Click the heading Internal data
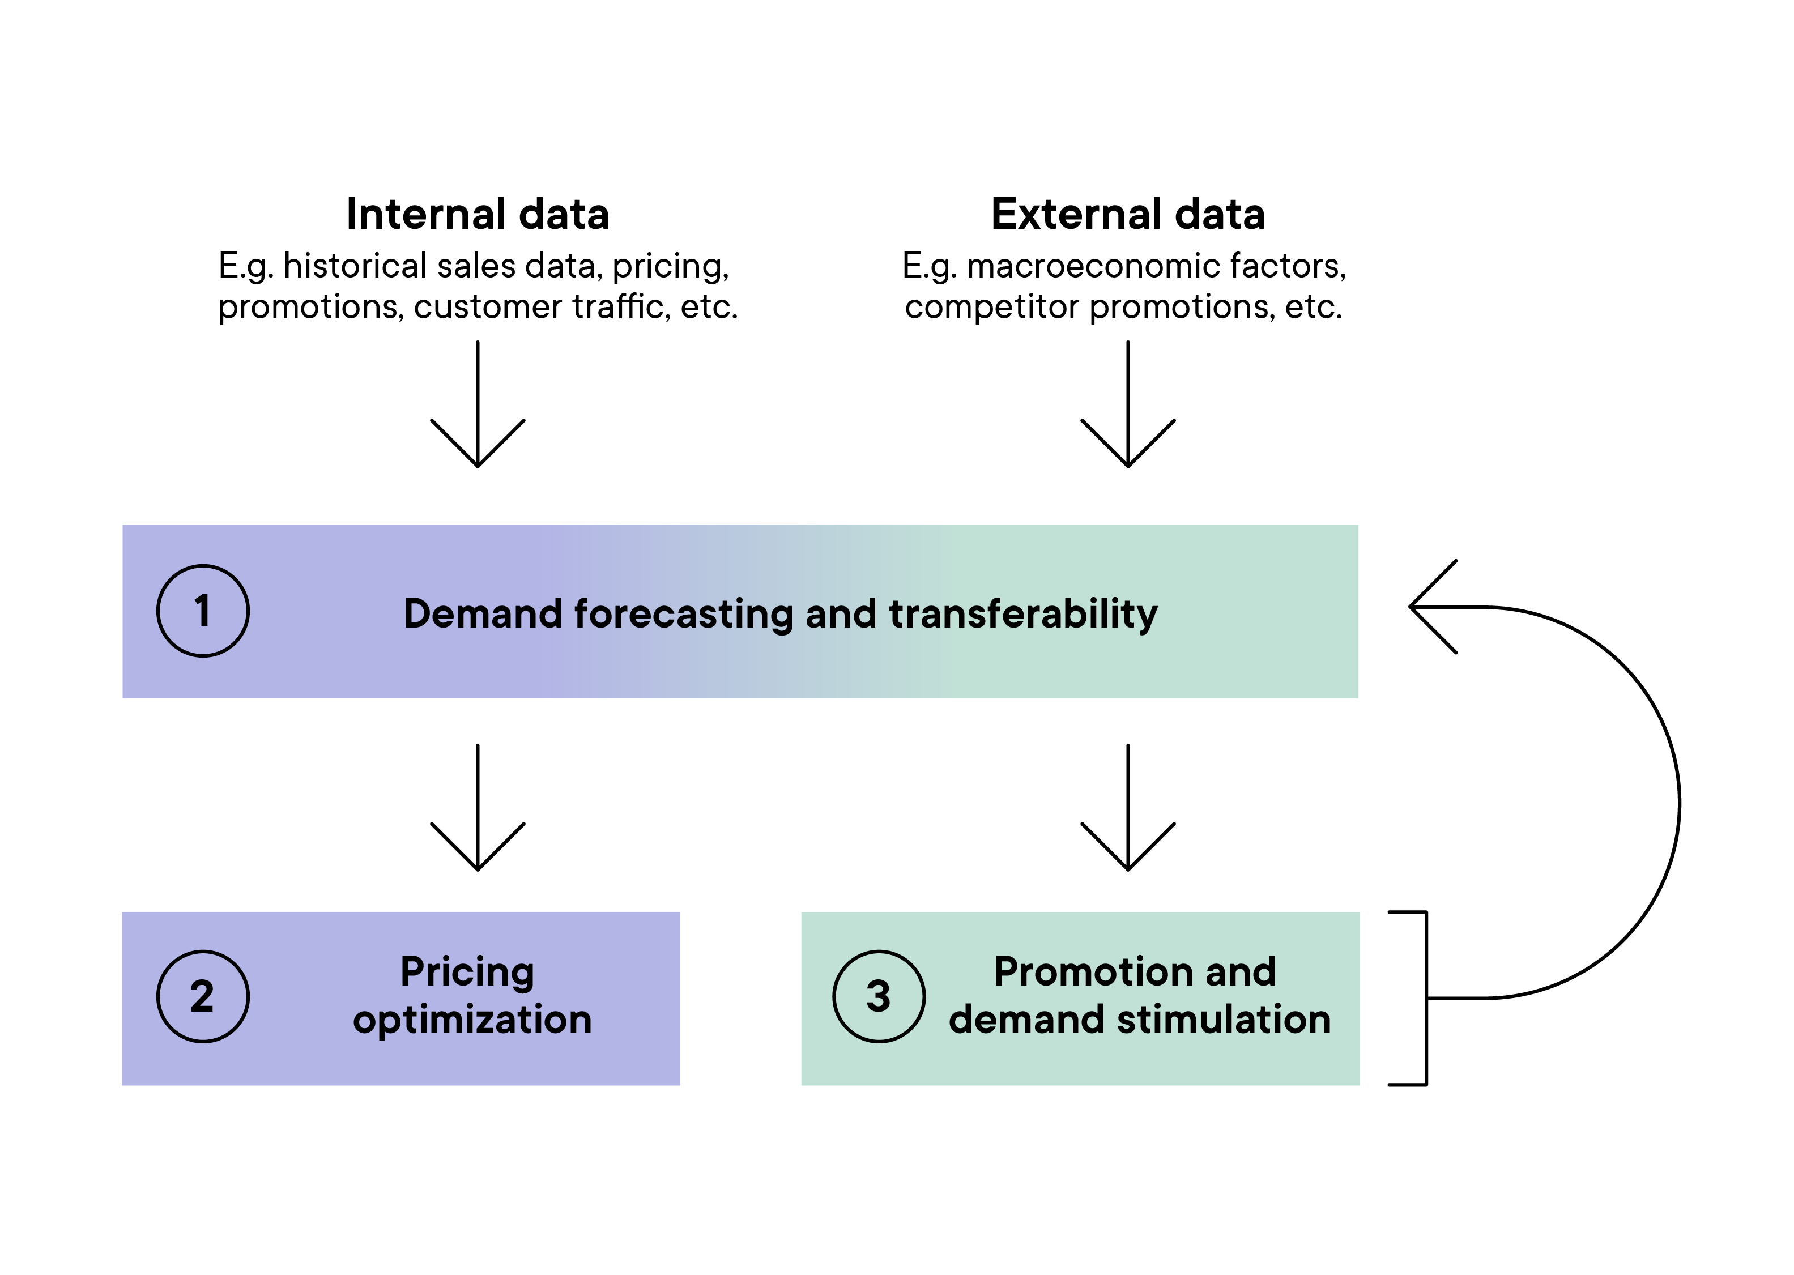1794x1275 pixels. [478, 214]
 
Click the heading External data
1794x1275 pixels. [1128, 214]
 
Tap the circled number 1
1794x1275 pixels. [203, 611]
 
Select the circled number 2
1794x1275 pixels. [203, 996]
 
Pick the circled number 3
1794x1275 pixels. [879, 996]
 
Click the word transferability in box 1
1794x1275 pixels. [1023, 614]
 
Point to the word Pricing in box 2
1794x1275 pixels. [467, 973]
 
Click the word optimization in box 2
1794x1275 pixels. [472, 1020]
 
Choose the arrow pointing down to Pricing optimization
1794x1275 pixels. [478, 807]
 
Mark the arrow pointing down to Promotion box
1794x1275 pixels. [1128, 807]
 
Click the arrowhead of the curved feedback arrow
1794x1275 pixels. [1412, 607]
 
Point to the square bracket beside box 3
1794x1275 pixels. [1426, 999]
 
